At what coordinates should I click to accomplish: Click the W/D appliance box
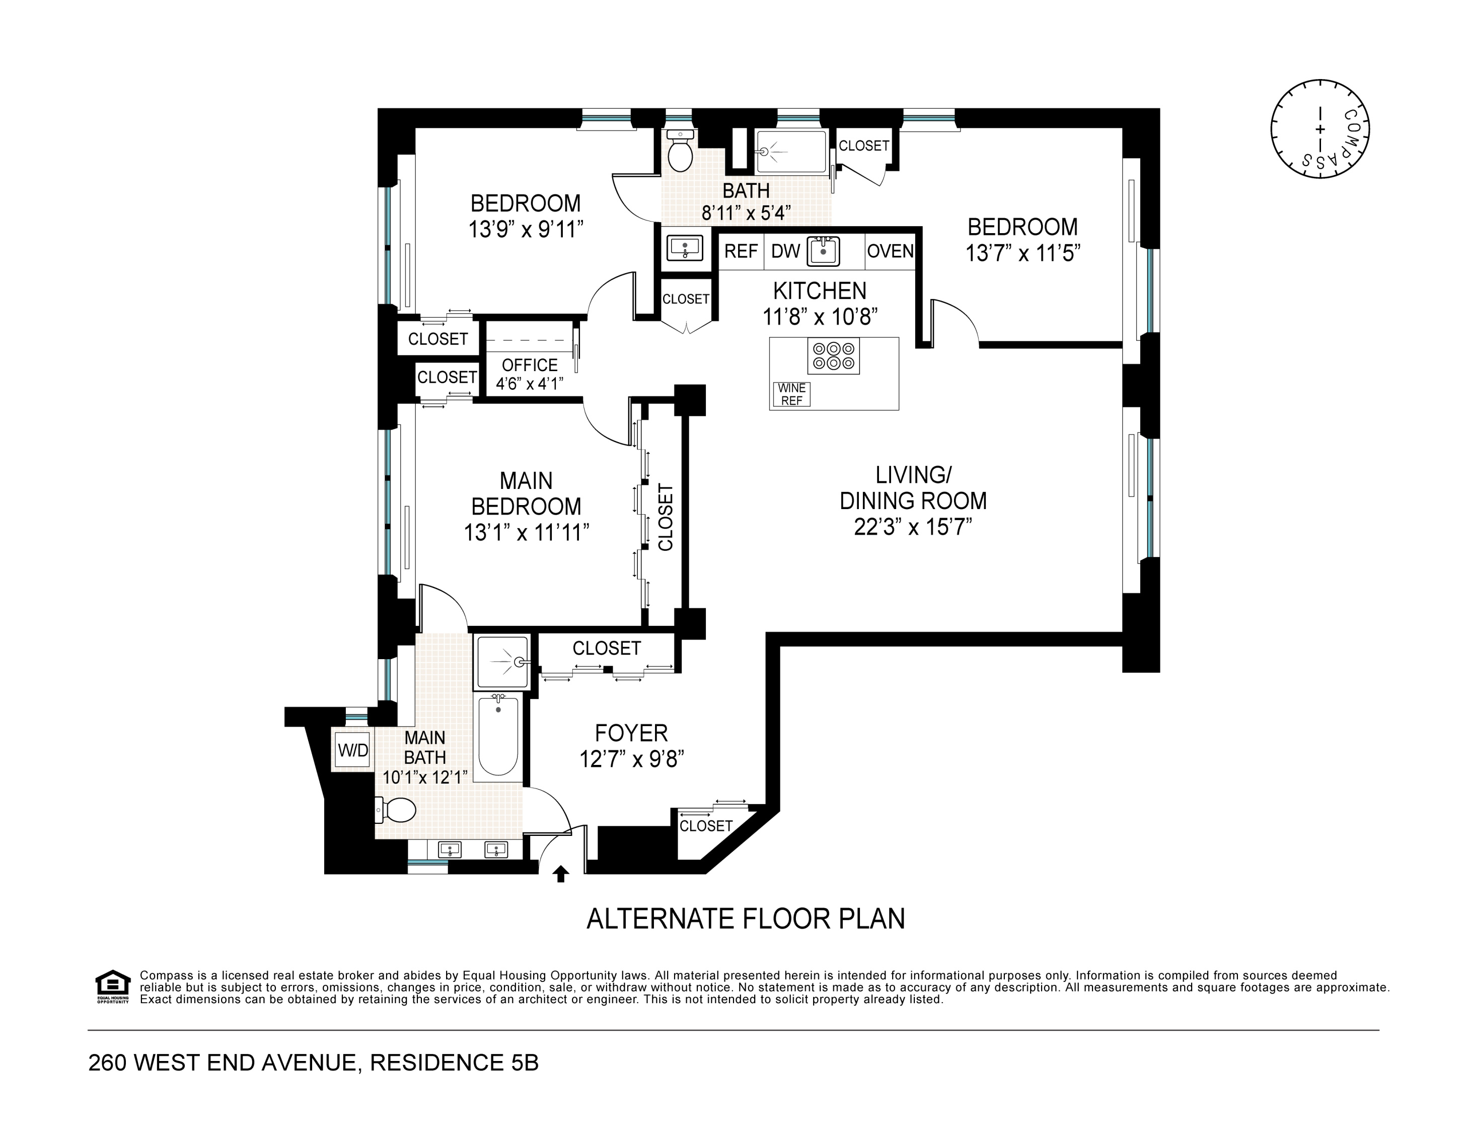click(352, 750)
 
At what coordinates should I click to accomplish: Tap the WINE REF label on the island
click(792, 395)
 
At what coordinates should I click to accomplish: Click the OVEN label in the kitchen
click(890, 251)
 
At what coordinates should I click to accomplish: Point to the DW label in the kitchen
click(786, 251)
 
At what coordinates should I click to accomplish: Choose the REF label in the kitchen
click(741, 251)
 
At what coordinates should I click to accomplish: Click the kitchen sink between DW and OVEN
click(823, 251)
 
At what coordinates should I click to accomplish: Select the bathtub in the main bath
click(498, 735)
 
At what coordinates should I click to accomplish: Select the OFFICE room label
click(529, 365)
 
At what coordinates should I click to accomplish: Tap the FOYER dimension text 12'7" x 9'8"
click(631, 759)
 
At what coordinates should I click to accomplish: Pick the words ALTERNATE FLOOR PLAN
click(746, 919)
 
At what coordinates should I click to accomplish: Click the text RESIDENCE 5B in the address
click(454, 1063)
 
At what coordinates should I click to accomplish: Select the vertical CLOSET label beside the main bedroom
click(665, 518)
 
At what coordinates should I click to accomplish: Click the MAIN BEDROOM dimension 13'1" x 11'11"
click(527, 533)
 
